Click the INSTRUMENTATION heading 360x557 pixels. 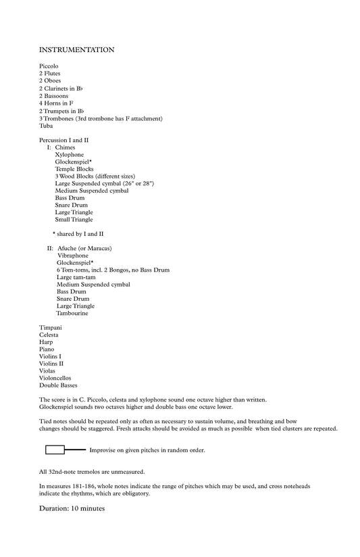pyautogui.click(x=76, y=50)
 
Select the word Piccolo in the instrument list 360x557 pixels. pyautogui.click(x=49, y=66)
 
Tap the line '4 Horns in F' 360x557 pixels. pyautogui.click(x=56, y=103)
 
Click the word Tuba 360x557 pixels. pyautogui.click(x=46, y=126)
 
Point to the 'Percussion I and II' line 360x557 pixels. pyautogui.click(x=63, y=140)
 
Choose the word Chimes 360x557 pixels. pyautogui.click(x=66, y=147)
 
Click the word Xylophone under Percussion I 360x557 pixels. pyautogui.click(x=70, y=155)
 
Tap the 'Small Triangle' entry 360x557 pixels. pyautogui.click(x=74, y=220)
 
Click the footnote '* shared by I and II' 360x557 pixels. pyautogui.click(x=78, y=234)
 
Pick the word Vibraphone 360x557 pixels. pyautogui.click(x=74, y=256)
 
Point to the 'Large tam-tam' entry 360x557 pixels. pyautogui.click(x=75, y=277)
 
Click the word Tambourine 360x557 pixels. pyautogui.click(x=72, y=313)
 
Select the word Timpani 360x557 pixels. pyautogui.click(x=51, y=328)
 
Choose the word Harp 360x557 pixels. pyautogui.click(x=46, y=342)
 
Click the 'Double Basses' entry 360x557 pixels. pyautogui.click(x=58, y=385)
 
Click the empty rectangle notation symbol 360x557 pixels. pyautogui.click(x=55, y=450)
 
